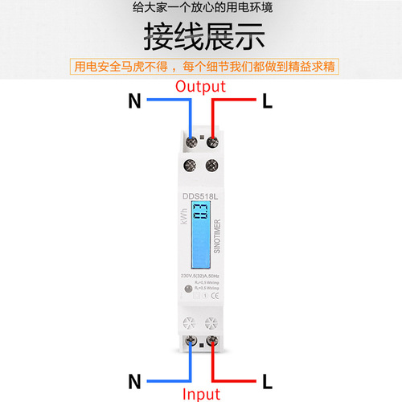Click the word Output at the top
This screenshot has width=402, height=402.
[201, 86]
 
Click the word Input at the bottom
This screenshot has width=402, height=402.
[201, 392]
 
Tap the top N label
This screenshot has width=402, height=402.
[134, 102]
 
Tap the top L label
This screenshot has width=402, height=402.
[268, 102]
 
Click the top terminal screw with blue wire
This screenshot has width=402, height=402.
[191, 144]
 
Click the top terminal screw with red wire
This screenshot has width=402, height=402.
[212, 144]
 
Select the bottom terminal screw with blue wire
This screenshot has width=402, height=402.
[191, 344]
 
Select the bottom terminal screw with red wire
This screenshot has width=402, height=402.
[211, 344]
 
